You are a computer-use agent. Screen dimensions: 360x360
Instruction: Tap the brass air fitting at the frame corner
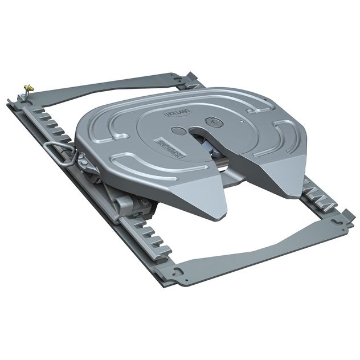click(x=26, y=87)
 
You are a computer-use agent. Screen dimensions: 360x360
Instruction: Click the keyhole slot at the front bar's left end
click(x=179, y=271)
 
